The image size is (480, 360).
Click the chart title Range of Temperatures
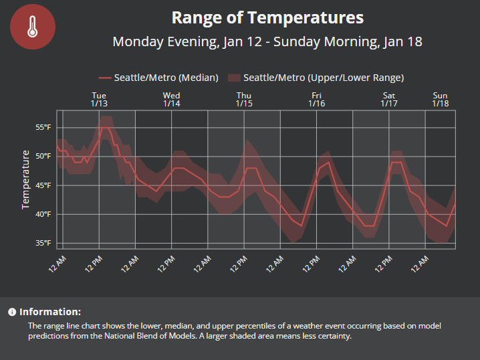267,17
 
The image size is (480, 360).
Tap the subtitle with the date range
267,41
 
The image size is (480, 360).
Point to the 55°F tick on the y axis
43,127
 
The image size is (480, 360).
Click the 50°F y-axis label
43,156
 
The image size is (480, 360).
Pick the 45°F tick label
43,185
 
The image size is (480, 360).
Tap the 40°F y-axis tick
43,214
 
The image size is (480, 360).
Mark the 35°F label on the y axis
43,243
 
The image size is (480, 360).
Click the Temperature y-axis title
26,179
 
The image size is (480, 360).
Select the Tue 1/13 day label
99,100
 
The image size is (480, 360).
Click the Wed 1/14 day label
171,100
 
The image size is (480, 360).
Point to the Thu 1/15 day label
244,100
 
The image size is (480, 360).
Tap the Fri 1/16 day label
317,100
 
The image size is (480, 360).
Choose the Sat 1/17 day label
389,100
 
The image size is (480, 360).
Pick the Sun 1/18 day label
440,100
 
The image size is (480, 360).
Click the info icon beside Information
12,312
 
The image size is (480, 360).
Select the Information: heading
50,312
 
